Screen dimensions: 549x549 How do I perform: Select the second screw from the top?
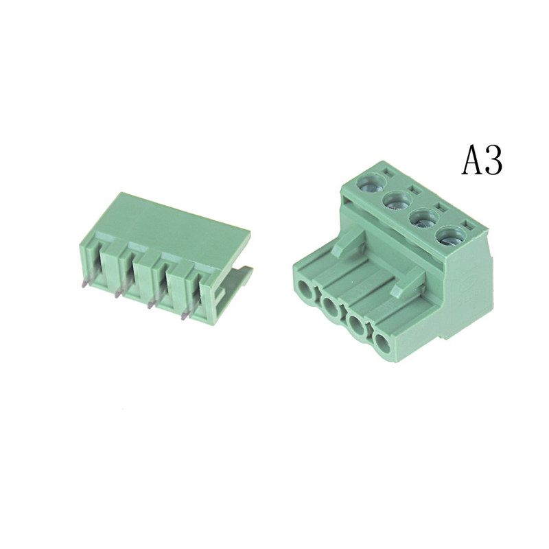(398, 200)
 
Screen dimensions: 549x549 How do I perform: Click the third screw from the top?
(424, 219)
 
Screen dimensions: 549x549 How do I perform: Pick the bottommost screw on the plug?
(451, 237)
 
